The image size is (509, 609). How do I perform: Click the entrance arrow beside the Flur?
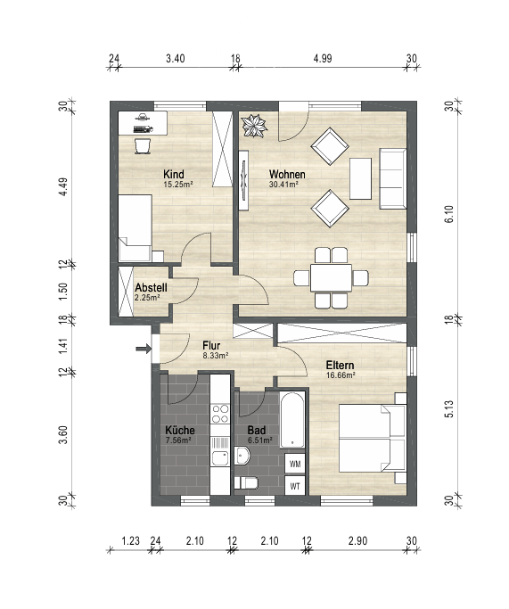(x=144, y=349)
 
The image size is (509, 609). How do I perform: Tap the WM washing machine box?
(x=295, y=464)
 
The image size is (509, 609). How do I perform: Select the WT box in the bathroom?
(x=295, y=485)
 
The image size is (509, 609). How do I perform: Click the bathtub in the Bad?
(x=292, y=420)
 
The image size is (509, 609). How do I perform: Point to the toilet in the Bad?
(x=246, y=483)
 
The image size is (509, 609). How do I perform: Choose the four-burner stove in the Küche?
(x=220, y=414)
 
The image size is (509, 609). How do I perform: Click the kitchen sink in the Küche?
(x=220, y=458)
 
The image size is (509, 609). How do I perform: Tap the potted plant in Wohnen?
(x=254, y=126)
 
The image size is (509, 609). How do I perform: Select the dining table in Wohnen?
(x=332, y=277)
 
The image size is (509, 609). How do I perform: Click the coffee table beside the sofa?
(x=360, y=178)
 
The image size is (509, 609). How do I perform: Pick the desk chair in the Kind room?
(x=143, y=146)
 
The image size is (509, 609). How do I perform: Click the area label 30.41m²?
(x=283, y=185)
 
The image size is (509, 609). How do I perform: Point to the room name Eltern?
(x=340, y=365)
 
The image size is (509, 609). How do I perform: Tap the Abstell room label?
(x=151, y=288)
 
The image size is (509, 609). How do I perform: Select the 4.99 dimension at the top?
(x=323, y=59)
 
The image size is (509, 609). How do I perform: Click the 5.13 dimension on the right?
(x=449, y=409)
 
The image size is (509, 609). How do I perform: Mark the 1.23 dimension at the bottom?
(x=130, y=540)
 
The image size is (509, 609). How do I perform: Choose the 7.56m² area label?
(x=177, y=440)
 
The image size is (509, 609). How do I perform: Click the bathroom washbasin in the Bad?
(x=242, y=456)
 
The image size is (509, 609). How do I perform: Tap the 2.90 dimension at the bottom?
(x=357, y=540)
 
